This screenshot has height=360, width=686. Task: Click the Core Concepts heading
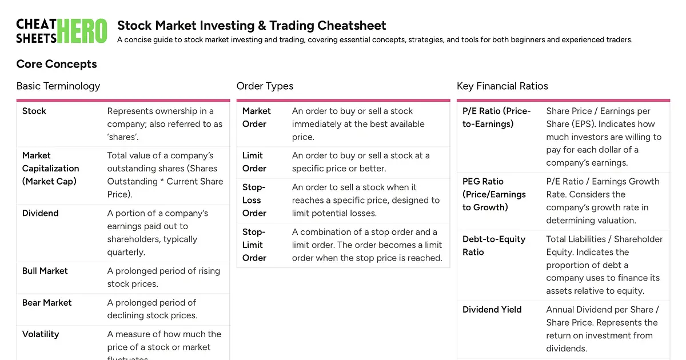[57, 64]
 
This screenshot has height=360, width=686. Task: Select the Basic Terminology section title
[58, 86]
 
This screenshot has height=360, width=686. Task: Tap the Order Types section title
[265, 86]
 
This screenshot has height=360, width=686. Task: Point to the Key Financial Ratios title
[502, 86]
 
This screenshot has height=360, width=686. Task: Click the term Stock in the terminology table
[34, 111]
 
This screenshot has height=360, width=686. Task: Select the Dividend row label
[41, 213]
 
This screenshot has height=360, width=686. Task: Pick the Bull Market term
[45, 271]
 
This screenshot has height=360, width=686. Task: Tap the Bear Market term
[47, 303]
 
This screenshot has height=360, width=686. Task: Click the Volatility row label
[41, 334]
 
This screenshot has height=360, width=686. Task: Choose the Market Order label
[256, 117]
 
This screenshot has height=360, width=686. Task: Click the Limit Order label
[254, 162]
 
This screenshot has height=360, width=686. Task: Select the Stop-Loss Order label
[254, 200]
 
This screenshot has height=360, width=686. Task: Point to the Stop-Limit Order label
[254, 245]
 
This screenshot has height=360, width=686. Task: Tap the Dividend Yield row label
[492, 310]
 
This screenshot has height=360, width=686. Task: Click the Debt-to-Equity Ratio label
[493, 246]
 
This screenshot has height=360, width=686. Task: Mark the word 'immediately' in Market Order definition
[318, 124]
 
